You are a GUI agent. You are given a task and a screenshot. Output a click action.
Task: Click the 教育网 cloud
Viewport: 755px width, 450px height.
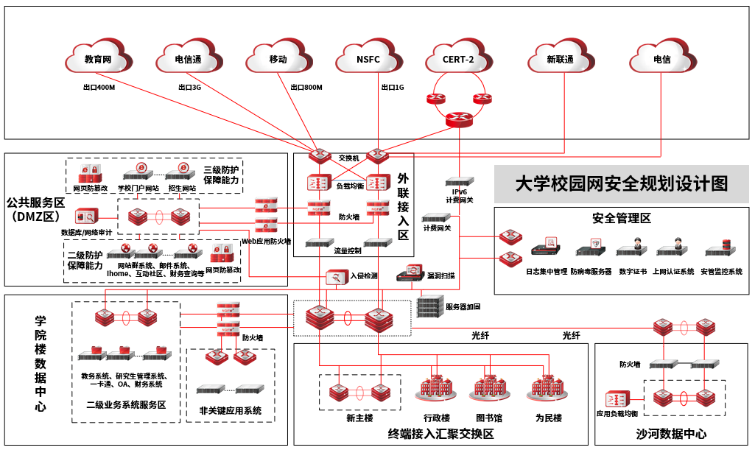point(98,58)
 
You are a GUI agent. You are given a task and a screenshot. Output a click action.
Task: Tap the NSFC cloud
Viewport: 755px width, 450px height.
point(368,58)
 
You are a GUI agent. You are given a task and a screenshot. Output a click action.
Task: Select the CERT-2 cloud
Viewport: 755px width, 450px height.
point(458,58)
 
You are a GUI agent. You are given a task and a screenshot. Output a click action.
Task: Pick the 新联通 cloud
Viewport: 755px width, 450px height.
point(560,58)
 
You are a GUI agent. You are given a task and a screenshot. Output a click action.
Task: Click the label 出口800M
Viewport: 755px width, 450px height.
point(306,87)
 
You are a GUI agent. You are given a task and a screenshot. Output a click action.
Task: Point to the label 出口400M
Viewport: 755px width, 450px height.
point(99,87)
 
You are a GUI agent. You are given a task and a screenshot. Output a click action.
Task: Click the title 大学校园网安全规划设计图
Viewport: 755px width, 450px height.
point(621,183)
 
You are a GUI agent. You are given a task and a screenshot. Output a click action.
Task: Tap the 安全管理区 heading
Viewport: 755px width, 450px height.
point(622,218)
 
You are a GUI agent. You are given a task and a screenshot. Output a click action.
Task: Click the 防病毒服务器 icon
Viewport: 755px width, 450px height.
point(590,247)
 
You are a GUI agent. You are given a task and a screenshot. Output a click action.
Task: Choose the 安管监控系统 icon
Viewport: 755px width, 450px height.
point(721,247)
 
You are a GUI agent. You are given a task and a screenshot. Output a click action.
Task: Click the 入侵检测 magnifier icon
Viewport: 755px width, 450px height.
point(336,277)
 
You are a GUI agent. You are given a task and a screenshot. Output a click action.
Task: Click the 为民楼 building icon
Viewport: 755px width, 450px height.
point(547,388)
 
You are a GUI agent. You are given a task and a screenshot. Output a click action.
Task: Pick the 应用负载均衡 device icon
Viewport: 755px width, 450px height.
point(617,398)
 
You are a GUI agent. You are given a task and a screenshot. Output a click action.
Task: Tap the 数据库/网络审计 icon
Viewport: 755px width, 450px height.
point(86,217)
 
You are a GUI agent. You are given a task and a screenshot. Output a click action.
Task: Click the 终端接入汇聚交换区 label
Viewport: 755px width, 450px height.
point(440,434)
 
